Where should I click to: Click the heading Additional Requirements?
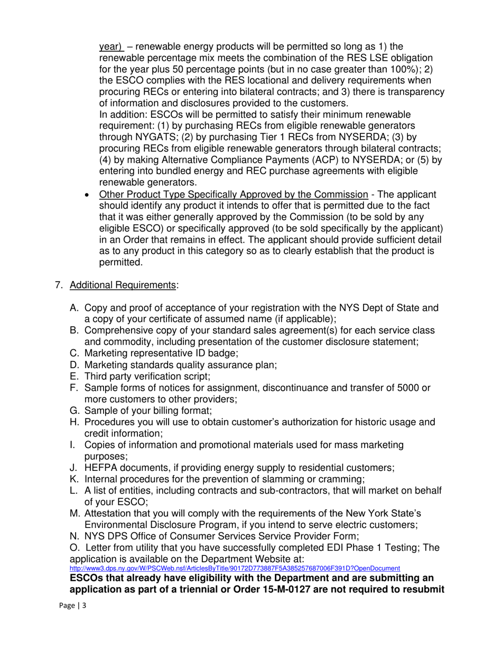point(124,285)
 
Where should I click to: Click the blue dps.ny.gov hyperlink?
point(235,568)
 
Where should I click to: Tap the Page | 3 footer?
point(72,606)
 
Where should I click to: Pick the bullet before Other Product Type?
point(88,194)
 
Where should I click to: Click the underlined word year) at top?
point(111,47)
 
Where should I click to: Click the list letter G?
point(74,411)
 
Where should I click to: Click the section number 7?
point(59,285)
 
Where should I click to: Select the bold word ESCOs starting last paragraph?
point(86,578)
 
